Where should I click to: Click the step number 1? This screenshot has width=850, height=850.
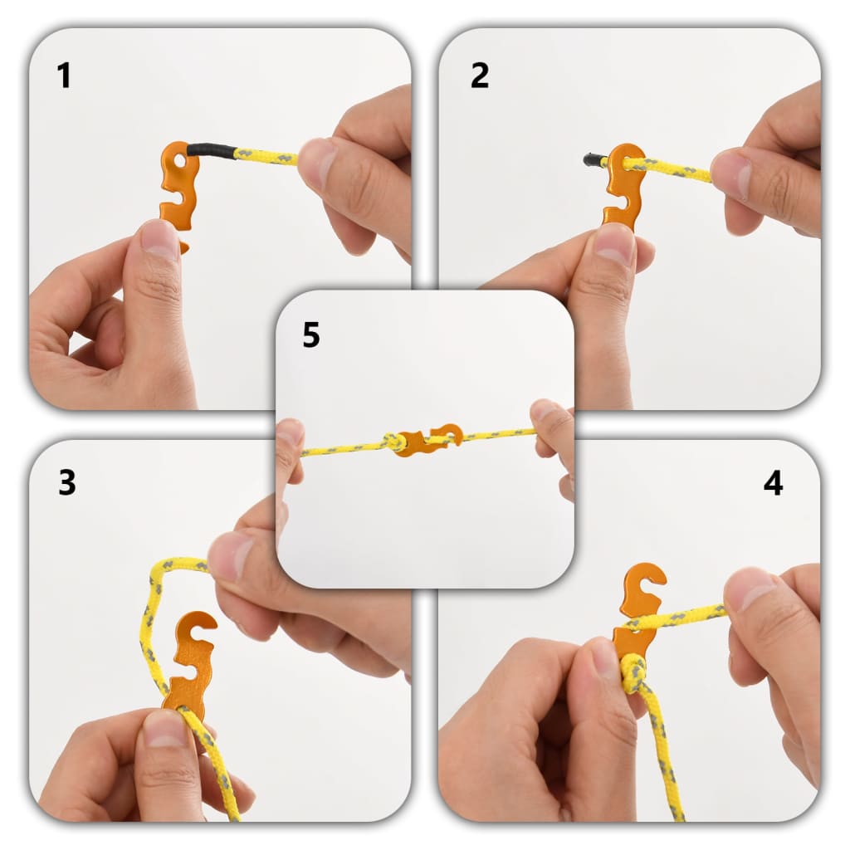(x=64, y=76)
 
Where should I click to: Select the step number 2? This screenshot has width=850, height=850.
(x=480, y=76)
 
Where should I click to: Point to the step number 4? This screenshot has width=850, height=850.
(x=773, y=483)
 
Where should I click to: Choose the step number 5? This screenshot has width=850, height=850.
(x=311, y=336)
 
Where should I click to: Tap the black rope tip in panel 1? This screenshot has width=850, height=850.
(x=212, y=151)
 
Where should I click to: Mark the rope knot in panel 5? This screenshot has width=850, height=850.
(x=393, y=442)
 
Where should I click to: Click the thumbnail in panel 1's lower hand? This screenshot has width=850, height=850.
(x=159, y=239)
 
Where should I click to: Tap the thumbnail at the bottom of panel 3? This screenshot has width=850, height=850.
(x=165, y=728)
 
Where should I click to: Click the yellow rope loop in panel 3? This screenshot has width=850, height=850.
(x=154, y=614)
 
